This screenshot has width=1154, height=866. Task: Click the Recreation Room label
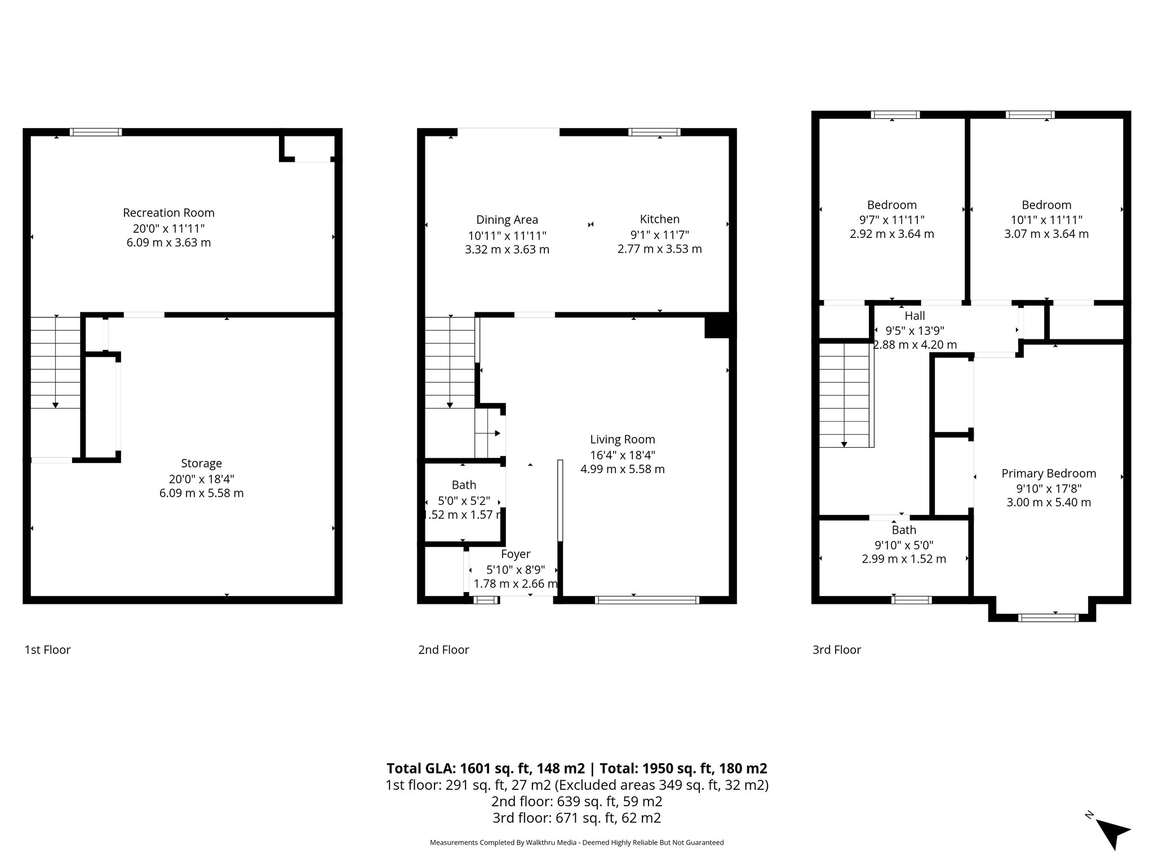[168, 213]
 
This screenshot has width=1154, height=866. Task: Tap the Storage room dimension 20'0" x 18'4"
[201, 479]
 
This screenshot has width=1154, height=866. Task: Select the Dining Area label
[507, 220]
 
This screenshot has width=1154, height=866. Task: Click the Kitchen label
[659, 219]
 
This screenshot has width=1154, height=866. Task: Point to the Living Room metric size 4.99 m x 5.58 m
[622, 469]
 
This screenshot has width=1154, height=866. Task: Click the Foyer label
[515, 554]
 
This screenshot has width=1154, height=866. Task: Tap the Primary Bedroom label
[1048, 474]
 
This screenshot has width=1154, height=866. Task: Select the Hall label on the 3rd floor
[915, 316]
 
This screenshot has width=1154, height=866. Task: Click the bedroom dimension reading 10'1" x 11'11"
[1046, 220]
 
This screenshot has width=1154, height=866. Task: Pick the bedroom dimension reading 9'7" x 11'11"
[891, 220]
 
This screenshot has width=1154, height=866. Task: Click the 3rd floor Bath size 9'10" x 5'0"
[903, 545]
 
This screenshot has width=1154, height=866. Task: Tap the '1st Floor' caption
[47, 649]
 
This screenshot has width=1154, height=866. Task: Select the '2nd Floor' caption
[443, 649]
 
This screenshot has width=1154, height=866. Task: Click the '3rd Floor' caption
[836, 649]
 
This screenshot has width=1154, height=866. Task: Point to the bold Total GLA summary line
[576, 768]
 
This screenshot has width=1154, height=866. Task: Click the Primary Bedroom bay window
[1048, 618]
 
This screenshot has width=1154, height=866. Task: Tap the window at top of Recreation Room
[96, 132]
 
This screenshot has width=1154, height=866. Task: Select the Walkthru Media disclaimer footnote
[576, 842]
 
